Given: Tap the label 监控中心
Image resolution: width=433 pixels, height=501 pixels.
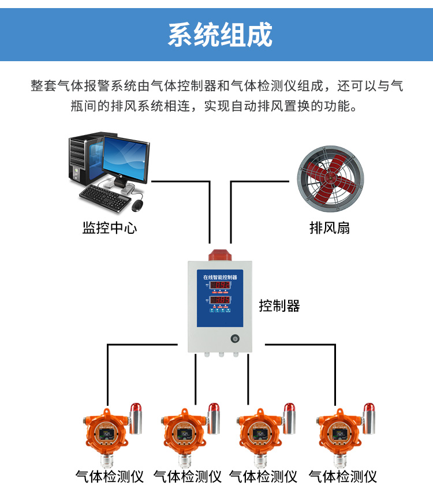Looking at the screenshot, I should point(110,227).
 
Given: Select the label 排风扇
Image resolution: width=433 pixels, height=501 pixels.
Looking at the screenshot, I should point(330,227).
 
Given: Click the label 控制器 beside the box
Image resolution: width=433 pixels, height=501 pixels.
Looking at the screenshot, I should point(279,305).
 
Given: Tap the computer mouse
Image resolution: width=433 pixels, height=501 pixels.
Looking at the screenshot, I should point(137,204).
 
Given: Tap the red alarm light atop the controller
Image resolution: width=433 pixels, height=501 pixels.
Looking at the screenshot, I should point(220,255).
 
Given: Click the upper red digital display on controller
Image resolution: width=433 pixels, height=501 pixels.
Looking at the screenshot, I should point(220,285).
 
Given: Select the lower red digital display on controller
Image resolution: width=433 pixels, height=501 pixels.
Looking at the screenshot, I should point(220,301).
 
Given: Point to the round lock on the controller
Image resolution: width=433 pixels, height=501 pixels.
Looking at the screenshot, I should point(235,339).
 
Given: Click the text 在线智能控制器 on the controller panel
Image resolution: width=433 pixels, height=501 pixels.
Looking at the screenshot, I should point(220,277).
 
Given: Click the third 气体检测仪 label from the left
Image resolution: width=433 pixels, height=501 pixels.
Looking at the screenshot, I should point(263,477).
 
